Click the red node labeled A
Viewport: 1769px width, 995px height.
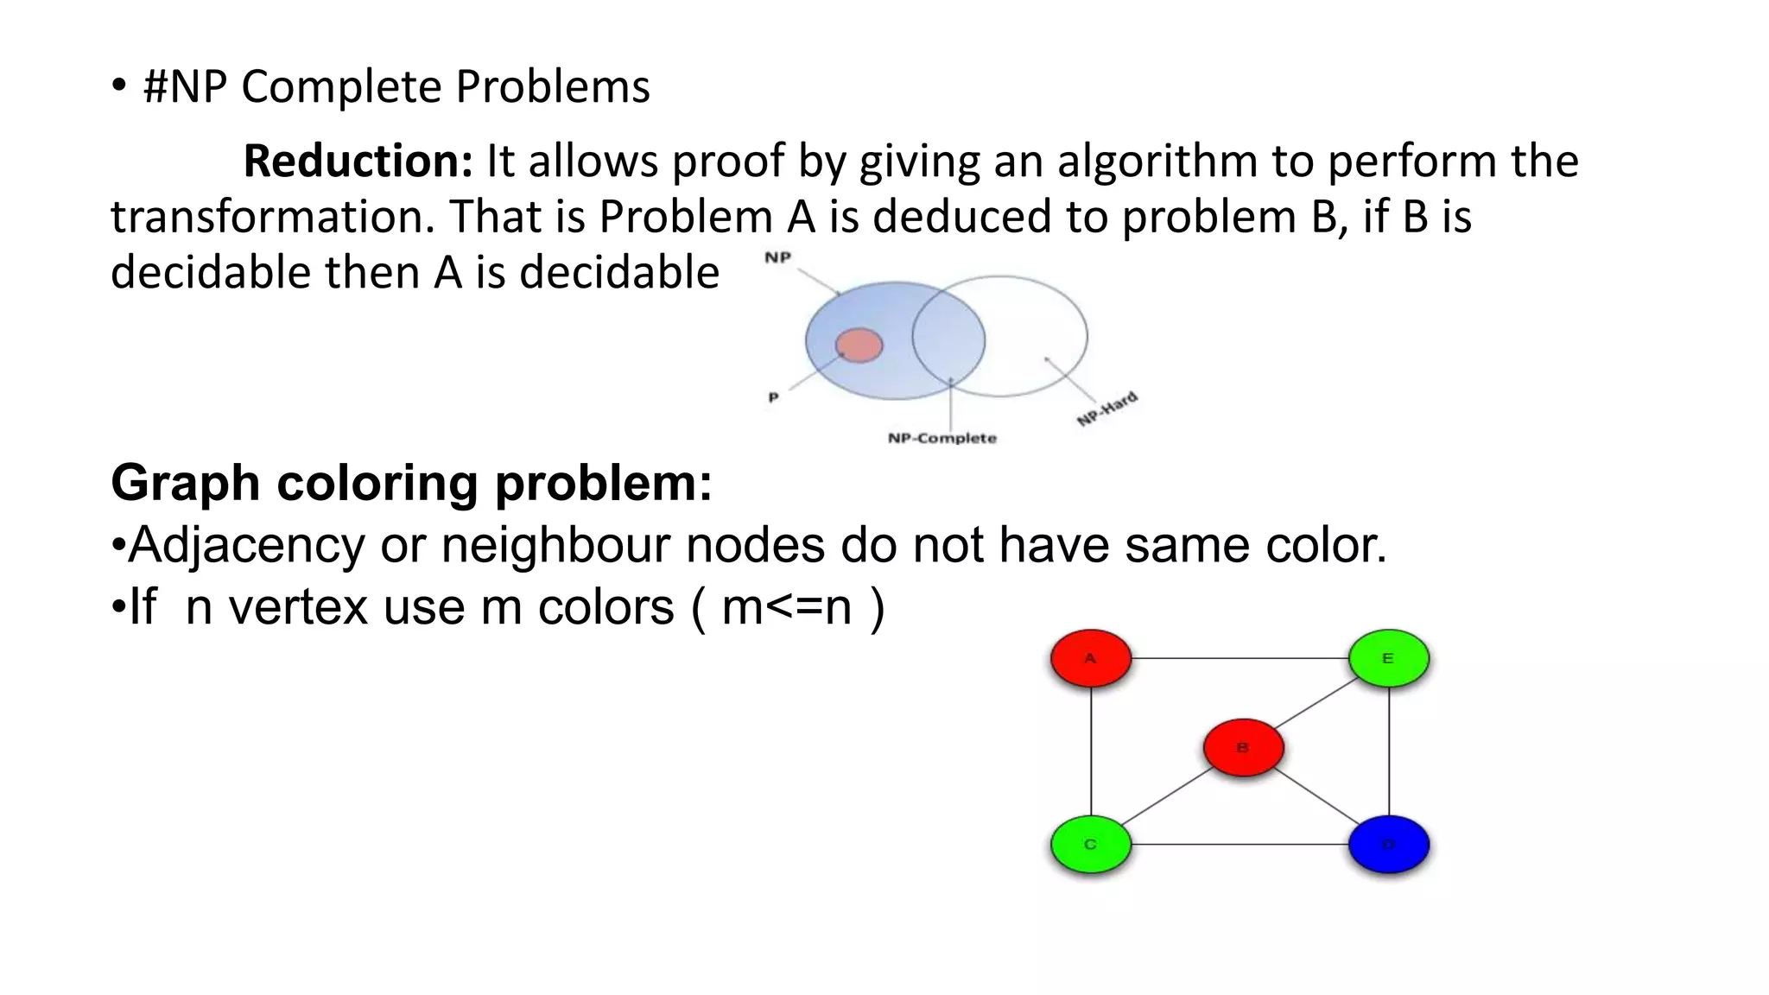1090,658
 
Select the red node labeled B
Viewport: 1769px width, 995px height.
1243,747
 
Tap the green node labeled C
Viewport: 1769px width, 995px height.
1090,844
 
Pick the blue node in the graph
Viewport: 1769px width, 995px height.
1388,844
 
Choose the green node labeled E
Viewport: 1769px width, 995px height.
1388,658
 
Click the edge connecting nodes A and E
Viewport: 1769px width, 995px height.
1240,658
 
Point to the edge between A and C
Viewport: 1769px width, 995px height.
1091,751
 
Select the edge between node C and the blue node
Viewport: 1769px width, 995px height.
1240,844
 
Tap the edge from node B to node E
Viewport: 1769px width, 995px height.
1316,703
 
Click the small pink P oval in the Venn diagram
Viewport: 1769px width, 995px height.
859,345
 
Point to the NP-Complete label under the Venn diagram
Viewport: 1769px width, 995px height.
942,438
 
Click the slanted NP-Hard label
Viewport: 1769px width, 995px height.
1106,409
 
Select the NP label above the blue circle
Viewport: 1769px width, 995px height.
778,257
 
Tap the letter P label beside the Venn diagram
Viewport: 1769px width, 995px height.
774,397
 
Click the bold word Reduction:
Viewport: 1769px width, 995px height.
358,162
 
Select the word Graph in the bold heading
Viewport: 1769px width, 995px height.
185,483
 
